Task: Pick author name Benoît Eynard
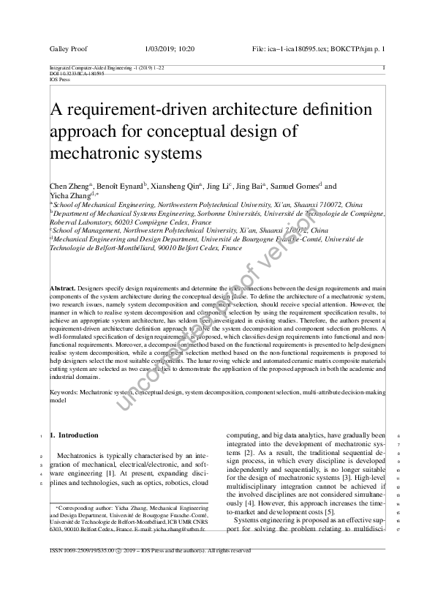[120, 187]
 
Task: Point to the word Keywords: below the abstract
[64, 393]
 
